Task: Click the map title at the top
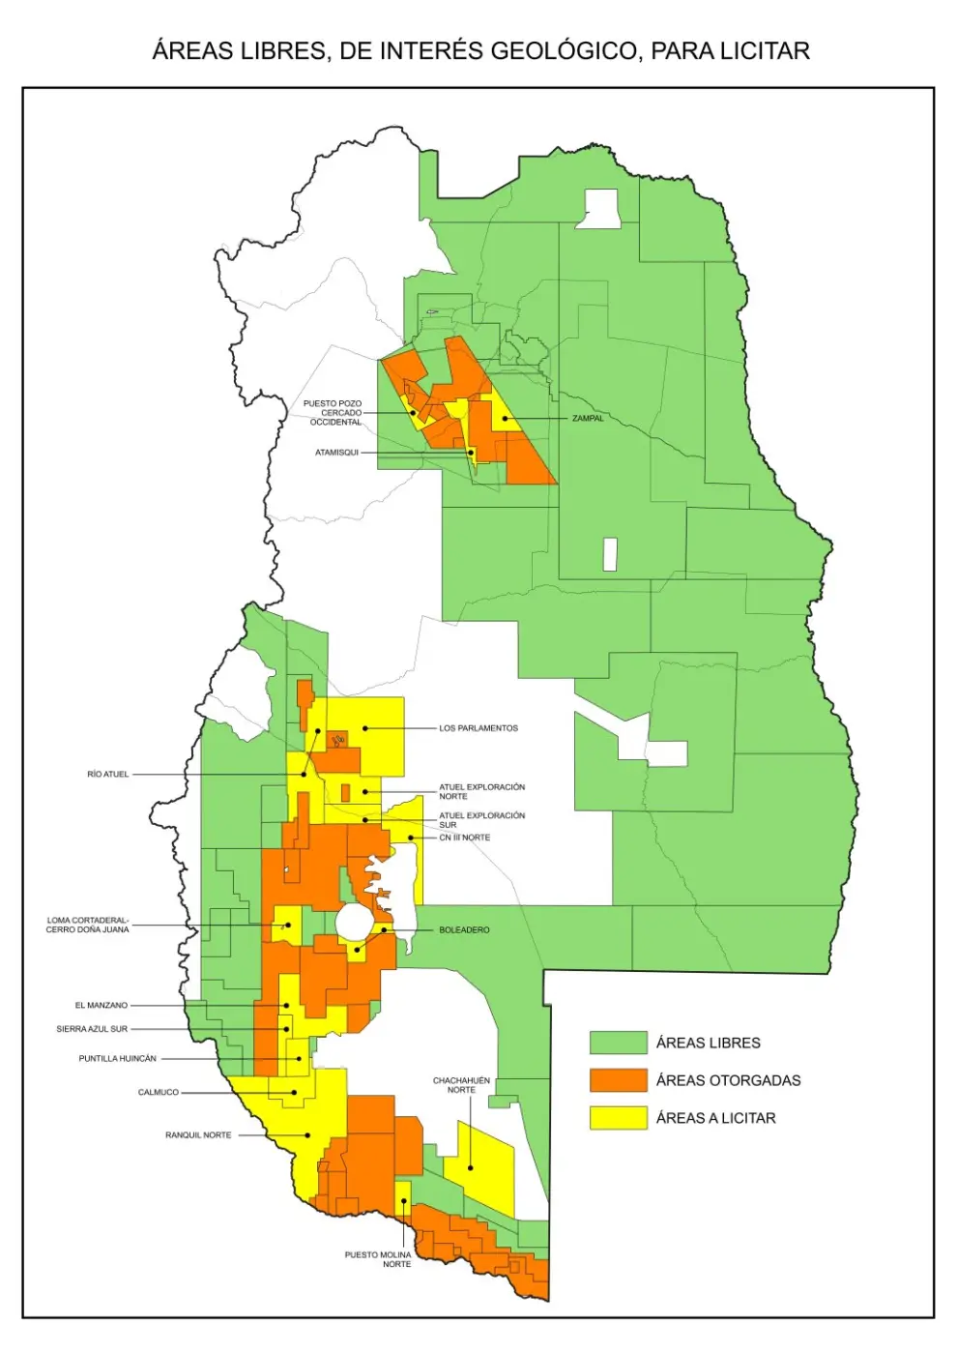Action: tap(480, 51)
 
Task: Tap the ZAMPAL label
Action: tap(588, 419)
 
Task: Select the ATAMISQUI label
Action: tap(336, 453)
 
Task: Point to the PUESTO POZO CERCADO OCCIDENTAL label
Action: tap(333, 413)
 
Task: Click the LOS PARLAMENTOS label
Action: tap(478, 728)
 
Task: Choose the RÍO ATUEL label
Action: tap(107, 774)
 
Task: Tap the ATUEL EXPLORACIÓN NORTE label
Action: tap(481, 791)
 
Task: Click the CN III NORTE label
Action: tap(464, 838)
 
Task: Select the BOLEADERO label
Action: tap(464, 930)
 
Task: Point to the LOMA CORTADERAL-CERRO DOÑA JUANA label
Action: tap(87, 925)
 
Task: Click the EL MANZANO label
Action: tap(101, 1006)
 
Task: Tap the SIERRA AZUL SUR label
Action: tap(92, 1029)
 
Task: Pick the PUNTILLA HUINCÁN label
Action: tap(117, 1059)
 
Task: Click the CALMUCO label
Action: tap(159, 1093)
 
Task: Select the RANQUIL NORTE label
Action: tap(198, 1135)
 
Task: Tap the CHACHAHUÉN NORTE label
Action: tap(461, 1085)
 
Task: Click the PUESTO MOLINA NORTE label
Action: tap(378, 1259)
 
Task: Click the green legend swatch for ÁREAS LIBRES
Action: tap(618, 1043)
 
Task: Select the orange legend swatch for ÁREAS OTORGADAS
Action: tap(618, 1080)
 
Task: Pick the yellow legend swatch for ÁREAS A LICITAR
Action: tap(618, 1118)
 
